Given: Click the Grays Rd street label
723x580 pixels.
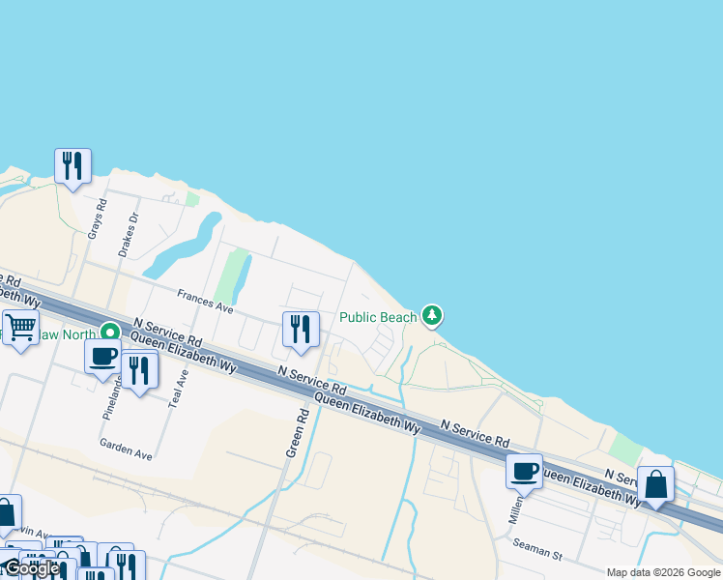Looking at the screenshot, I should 96,217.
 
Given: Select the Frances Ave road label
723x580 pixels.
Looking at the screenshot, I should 205,302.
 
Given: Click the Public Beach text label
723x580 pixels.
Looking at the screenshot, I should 378,317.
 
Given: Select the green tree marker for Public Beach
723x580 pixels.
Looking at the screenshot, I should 432,315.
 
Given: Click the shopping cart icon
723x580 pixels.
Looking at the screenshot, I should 20,327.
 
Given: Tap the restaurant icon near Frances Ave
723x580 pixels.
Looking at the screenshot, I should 301,329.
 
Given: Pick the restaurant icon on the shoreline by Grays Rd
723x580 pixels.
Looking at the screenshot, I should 72,166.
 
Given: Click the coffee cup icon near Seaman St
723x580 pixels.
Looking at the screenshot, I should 524,471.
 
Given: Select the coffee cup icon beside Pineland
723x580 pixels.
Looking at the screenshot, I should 102,356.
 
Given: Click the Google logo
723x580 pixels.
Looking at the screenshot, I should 32,568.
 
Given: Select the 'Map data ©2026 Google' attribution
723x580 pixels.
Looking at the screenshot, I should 663,572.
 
